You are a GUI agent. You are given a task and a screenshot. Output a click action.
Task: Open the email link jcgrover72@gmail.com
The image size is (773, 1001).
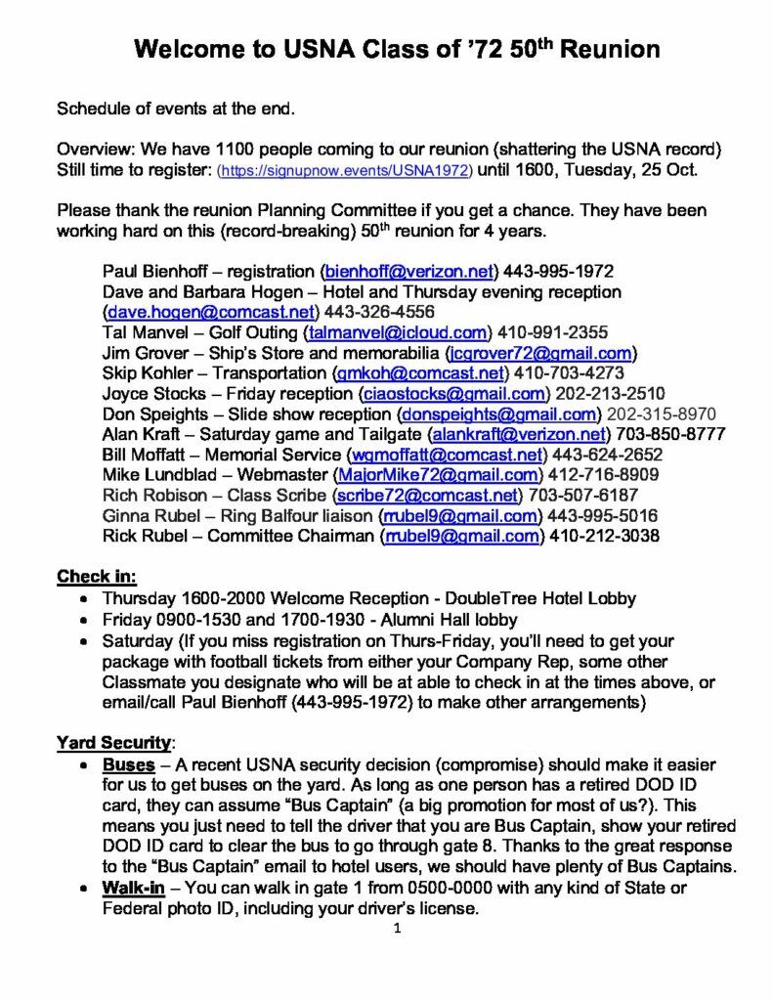click(540, 353)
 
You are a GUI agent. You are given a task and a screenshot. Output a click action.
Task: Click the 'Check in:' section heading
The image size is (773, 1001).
click(97, 575)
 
